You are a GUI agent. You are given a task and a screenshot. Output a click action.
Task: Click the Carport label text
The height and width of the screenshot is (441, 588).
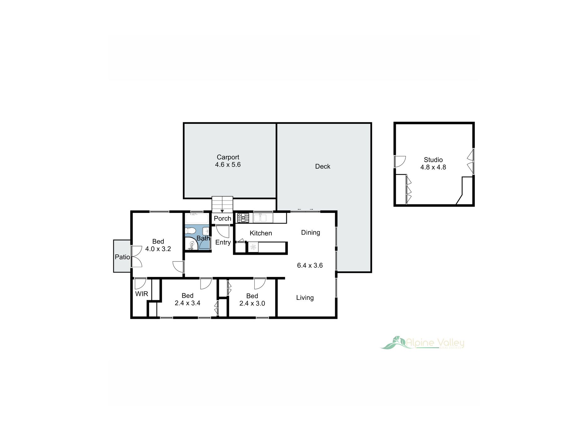(228, 157)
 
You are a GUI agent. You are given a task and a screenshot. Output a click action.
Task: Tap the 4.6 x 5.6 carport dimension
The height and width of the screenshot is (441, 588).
(228, 165)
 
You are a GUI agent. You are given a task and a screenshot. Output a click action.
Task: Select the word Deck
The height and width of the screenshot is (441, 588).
(322, 166)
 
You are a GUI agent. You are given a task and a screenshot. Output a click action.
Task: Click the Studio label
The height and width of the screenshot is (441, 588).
(433, 160)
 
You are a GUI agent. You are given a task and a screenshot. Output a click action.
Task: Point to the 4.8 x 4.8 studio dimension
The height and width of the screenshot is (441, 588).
(433, 167)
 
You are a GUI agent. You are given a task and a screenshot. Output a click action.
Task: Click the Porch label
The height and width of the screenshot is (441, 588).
(222, 218)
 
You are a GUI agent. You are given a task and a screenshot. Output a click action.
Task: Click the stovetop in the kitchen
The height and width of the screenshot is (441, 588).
(243, 218)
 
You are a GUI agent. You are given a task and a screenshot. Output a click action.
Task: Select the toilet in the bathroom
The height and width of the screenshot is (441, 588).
(190, 231)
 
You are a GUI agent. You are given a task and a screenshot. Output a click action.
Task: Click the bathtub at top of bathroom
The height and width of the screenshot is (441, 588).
(197, 218)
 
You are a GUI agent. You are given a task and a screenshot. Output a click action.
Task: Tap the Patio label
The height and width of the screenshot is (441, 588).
(122, 257)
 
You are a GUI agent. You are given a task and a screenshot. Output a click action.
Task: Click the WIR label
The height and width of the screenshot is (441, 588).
(141, 294)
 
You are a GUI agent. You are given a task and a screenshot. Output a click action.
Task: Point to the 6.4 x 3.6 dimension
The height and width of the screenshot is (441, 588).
(309, 265)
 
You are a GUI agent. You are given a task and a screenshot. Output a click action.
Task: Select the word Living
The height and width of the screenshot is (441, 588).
(305, 298)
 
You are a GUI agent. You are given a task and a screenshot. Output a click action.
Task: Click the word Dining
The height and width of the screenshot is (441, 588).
(310, 232)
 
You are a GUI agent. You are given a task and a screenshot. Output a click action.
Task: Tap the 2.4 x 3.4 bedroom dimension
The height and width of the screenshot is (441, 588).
(187, 303)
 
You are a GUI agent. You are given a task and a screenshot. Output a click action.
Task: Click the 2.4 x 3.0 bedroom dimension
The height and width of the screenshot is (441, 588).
(252, 304)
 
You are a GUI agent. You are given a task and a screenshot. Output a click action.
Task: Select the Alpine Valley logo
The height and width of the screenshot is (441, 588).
(422, 343)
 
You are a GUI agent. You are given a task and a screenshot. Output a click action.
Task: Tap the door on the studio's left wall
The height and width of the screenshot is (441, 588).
(400, 162)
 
